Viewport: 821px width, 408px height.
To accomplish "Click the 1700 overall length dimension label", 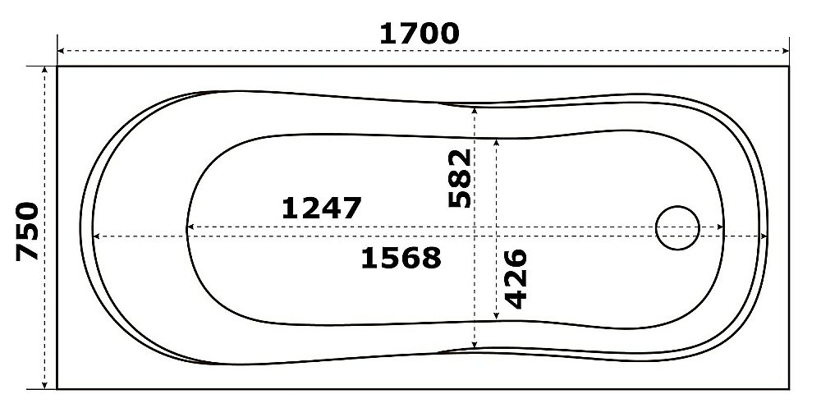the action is (x=419, y=34).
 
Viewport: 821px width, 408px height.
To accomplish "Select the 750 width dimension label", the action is (x=27, y=231).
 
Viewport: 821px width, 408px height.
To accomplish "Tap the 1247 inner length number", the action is (x=322, y=208).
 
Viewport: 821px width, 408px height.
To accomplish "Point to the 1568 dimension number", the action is (x=401, y=259).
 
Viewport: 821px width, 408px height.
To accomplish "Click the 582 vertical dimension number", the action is (x=461, y=178).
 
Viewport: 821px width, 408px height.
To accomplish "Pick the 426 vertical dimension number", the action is (x=516, y=278).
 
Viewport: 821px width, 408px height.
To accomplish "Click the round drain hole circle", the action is (x=677, y=227).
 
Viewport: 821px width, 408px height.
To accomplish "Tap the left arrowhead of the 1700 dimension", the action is (x=61, y=51).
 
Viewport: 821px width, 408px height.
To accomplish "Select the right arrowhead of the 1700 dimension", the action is (x=785, y=51).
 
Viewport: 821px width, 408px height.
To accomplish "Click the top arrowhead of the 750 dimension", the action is (x=45, y=70).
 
